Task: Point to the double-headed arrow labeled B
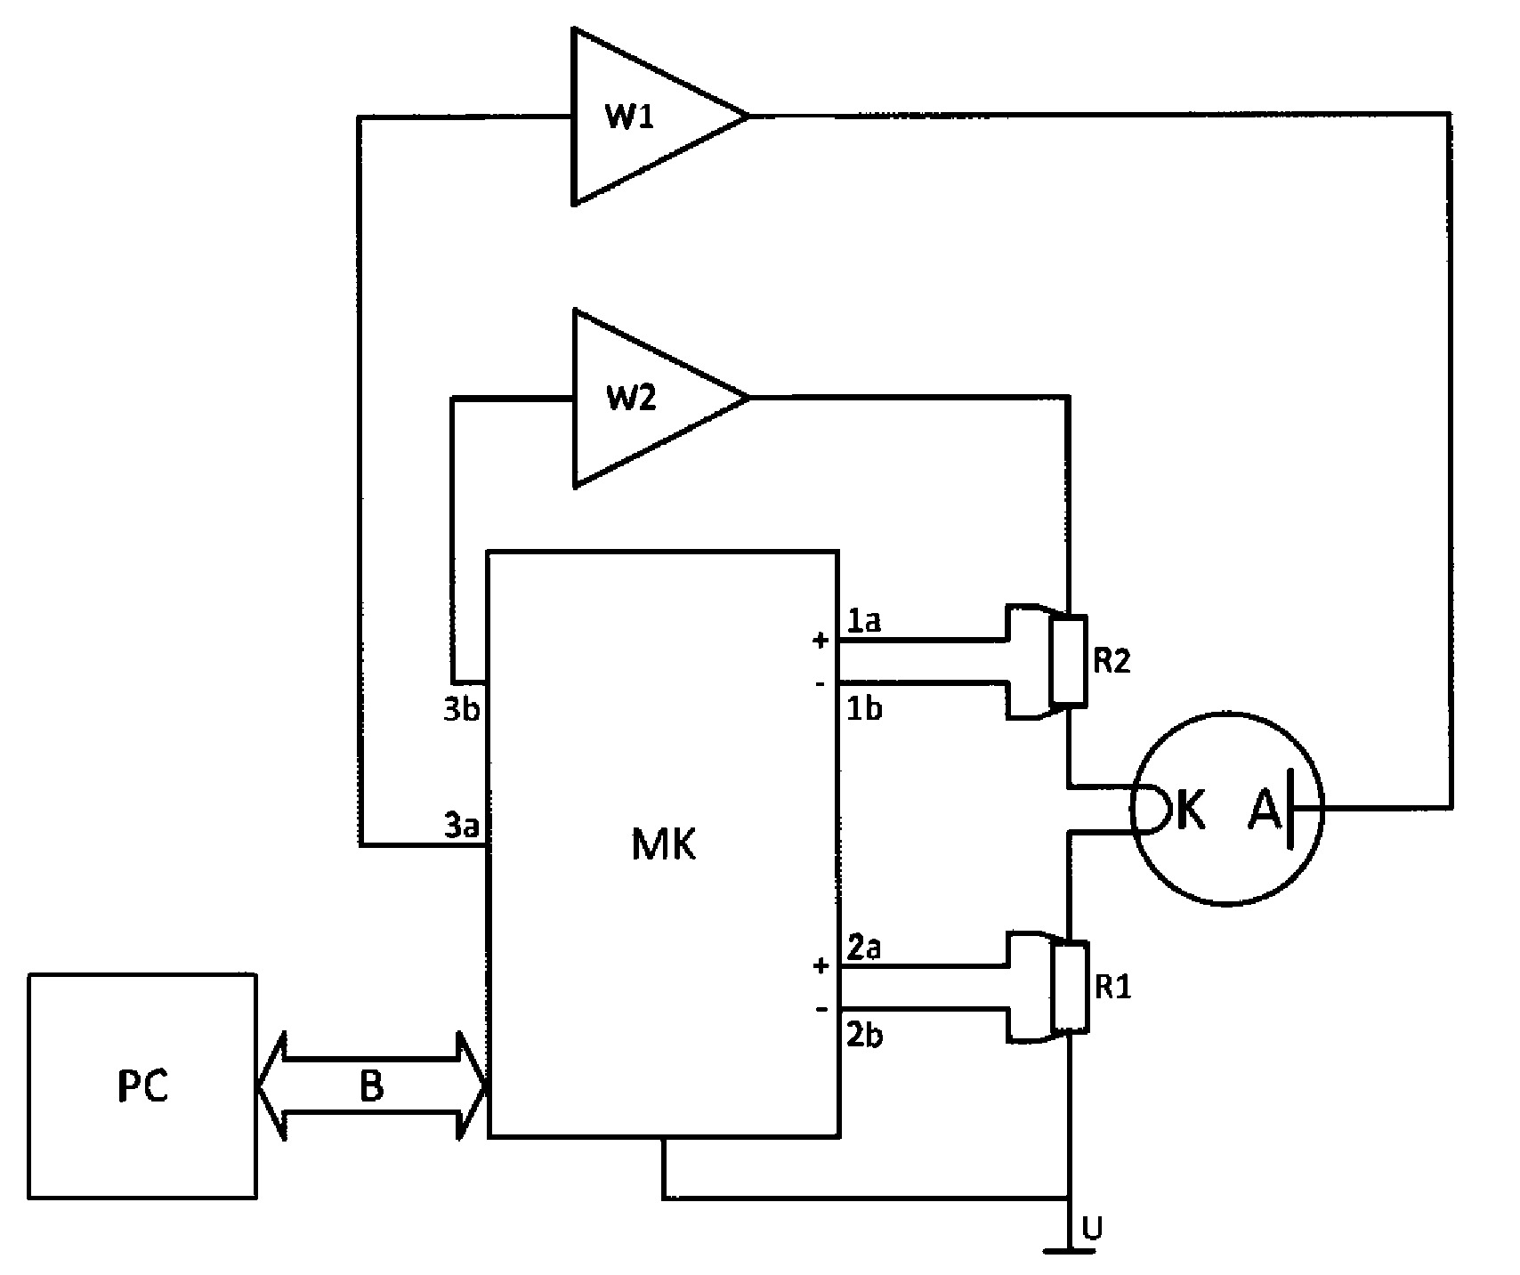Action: (371, 1085)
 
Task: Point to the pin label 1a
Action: (863, 620)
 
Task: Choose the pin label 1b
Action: (863, 709)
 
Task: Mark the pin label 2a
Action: (863, 948)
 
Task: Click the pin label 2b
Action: (863, 1036)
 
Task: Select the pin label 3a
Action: (462, 827)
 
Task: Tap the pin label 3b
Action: (462, 709)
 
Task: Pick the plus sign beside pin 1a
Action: (820, 640)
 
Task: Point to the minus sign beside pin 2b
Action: (820, 1009)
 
